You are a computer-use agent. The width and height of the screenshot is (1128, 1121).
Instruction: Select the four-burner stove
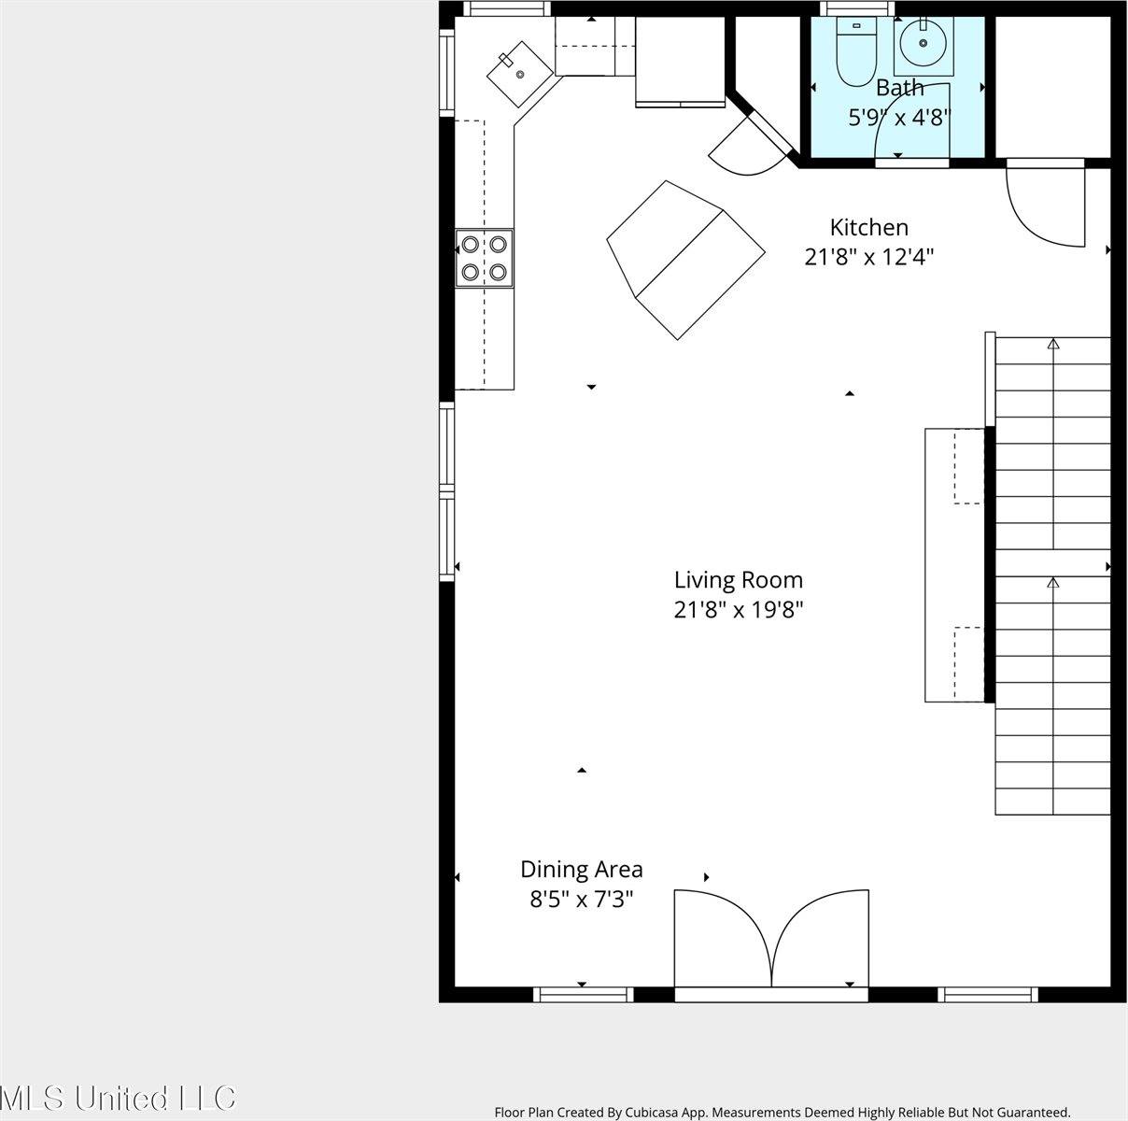[485, 258]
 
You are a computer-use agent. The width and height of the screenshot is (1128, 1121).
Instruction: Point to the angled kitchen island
[685, 260]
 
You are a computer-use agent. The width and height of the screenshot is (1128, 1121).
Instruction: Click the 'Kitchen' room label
[868, 227]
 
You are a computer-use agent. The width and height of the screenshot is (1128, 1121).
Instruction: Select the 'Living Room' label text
[738, 580]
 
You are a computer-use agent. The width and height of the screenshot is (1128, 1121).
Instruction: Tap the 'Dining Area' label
[581, 870]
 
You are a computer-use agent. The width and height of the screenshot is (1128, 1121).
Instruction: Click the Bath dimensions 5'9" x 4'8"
[898, 118]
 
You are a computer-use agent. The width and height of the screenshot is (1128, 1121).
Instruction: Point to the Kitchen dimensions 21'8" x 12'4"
[868, 257]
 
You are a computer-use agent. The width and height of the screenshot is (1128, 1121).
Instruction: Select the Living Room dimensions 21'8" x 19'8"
[738, 610]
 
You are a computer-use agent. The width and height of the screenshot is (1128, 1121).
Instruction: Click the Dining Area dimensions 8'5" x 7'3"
[581, 900]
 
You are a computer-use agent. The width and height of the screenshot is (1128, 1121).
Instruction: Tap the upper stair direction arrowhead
[1053, 344]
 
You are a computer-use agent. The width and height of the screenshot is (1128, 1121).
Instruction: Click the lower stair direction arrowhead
[1053, 583]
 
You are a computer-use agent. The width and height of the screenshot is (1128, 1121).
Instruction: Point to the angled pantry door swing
[747, 149]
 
